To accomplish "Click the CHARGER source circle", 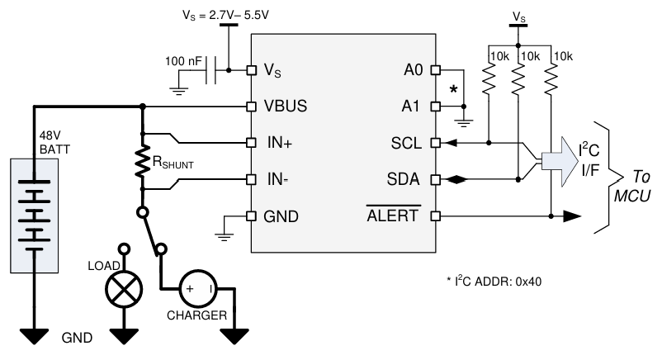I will pyautogui.click(x=199, y=289).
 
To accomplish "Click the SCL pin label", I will pyautogui.click(x=405, y=142).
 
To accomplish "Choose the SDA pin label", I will pyautogui.click(x=404, y=178).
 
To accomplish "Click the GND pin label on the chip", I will pyautogui.click(x=281, y=216).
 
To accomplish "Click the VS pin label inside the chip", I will pyautogui.click(x=272, y=71).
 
